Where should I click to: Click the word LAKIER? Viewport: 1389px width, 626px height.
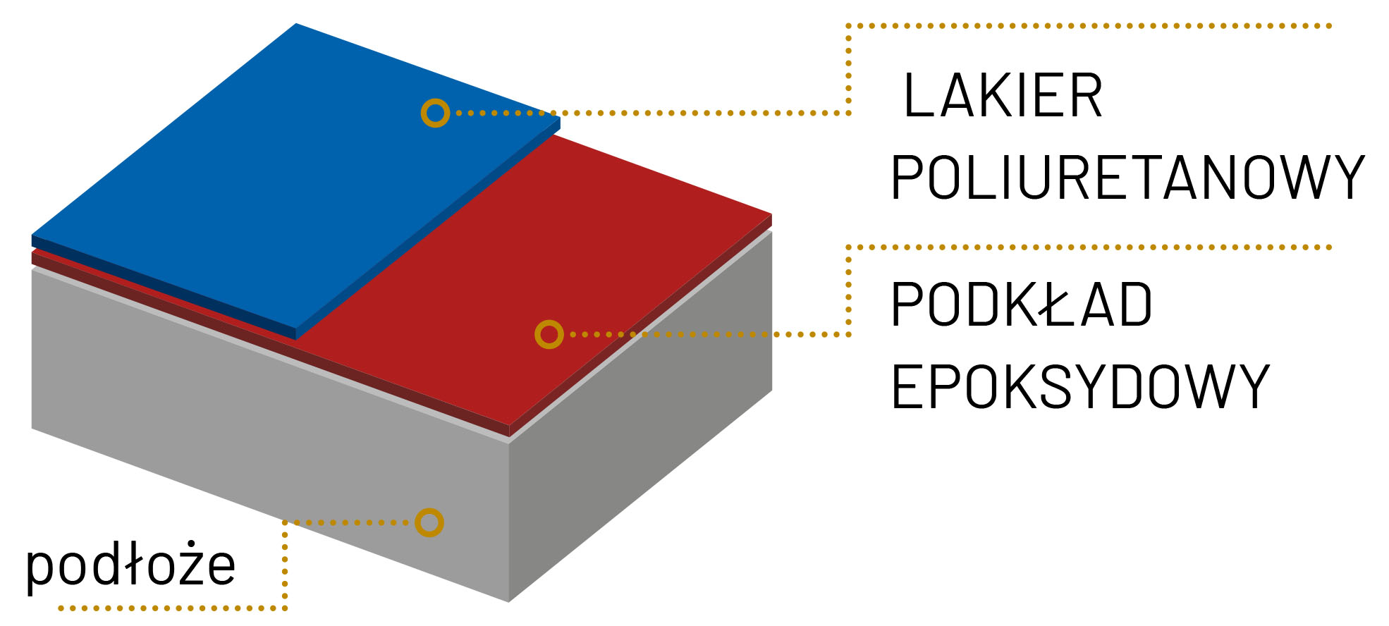(1003, 96)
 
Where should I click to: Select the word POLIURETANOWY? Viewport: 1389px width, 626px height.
(1127, 178)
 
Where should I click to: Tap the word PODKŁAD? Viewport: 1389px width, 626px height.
(1021, 305)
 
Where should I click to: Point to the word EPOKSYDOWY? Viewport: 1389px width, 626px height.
(1079, 386)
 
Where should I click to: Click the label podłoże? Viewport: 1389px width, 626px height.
(130, 565)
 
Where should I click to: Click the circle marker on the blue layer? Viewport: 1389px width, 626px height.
(435, 113)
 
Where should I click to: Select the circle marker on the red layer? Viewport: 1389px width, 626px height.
(549, 334)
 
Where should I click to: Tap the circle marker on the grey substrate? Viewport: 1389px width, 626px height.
(429, 522)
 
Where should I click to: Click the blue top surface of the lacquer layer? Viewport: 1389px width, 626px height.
(282, 176)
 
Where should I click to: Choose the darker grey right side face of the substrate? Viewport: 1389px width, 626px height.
(642, 437)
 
